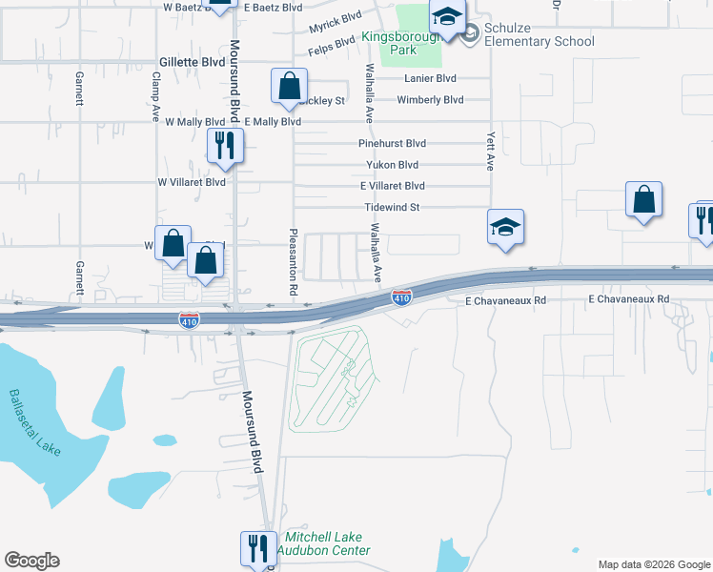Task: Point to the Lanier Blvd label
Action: pyautogui.click(x=430, y=78)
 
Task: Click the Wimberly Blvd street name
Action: pyautogui.click(x=430, y=99)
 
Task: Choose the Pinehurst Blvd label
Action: pyautogui.click(x=392, y=143)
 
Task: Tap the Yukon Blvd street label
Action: pyautogui.click(x=393, y=164)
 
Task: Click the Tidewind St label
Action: pyautogui.click(x=393, y=207)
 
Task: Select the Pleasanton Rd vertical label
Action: pyautogui.click(x=295, y=259)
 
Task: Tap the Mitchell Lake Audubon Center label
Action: pyautogui.click(x=322, y=544)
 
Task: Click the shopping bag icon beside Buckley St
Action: pyautogui.click(x=289, y=86)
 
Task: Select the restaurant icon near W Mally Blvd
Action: pyautogui.click(x=226, y=145)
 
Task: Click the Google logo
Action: pyautogui.click(x=31, y=561)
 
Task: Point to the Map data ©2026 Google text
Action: pyautogui.click(x=653, y=564)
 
